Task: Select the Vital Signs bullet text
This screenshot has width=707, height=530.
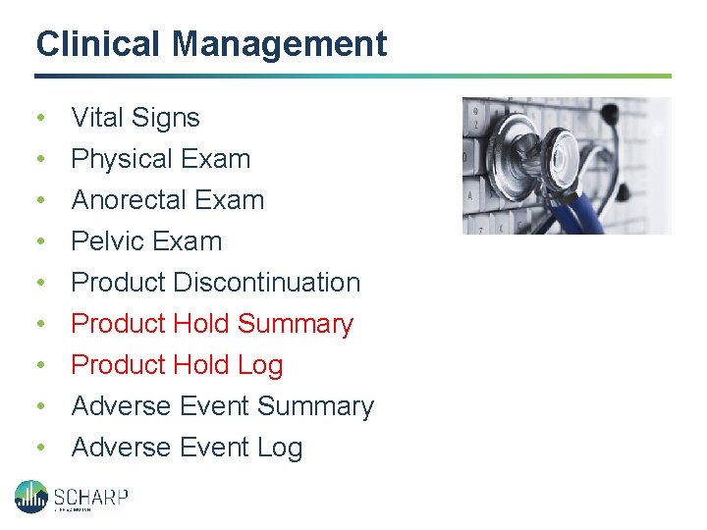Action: click(136, 118)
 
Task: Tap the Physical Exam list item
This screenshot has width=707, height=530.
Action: click(161, 159)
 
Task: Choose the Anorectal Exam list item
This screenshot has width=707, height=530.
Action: click(168, 200)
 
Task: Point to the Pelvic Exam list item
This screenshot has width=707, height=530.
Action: click(147, 241)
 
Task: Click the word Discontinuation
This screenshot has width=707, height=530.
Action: click(267, 283)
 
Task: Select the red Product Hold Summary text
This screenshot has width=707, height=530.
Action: click(212, 324)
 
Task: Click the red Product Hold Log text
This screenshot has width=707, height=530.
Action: click(178, 365)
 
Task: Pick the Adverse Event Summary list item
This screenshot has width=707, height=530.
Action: click(223, 406)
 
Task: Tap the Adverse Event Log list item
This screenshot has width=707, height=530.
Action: click(188, 448)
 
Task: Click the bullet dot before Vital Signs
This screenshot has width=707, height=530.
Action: click(40, 119)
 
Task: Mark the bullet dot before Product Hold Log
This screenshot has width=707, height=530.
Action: click(40, 366)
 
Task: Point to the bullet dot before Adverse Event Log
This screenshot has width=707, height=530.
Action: click(40, 449)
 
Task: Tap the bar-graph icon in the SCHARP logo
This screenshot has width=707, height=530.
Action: click(30, 496)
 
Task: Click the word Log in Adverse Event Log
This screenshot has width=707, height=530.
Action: click(280, 448)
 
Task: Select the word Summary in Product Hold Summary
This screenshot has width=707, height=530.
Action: click(296, 324)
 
